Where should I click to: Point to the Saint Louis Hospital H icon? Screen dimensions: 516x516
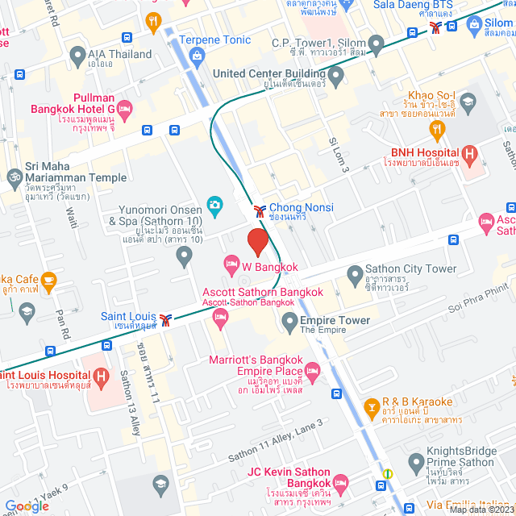click(x=101, y=376)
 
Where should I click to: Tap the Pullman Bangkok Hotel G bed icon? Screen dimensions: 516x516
click(x=124, y=108)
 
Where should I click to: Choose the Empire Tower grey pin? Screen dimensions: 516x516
click(x=290, y=324)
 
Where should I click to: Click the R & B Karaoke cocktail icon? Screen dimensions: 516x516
click(x=371, y=406)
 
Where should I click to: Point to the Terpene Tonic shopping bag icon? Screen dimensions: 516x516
click(x=197, y=55)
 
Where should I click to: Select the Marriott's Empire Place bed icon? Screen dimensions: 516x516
click(x=313, y=370)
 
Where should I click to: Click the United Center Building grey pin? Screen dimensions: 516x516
click(x=337, y=75)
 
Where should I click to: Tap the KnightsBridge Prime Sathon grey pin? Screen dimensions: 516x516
click(x=416, y=463)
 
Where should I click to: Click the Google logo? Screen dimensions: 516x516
click(x=27, y=506)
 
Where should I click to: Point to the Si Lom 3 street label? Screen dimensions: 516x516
click(x=339, y=153)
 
